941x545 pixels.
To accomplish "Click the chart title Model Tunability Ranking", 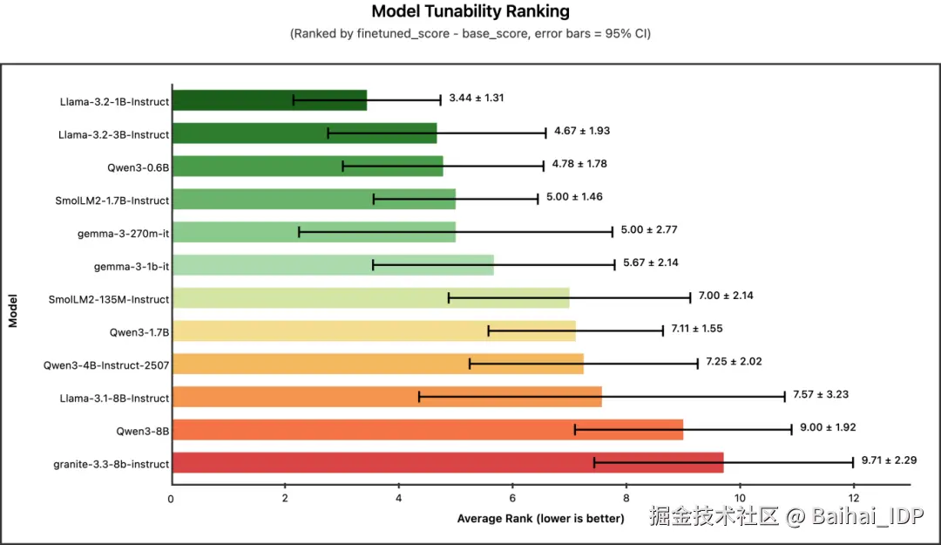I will (470, 11).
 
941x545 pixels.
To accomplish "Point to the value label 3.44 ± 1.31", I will (476, 98).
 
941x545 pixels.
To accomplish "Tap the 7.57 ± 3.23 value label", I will (820, 394).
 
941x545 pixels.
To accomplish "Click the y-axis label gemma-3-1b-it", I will (132, 266).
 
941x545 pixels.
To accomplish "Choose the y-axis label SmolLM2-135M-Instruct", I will (109, 299).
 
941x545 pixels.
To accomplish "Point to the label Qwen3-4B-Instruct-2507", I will (106, 365).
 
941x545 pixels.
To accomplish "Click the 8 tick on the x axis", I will (626, 498).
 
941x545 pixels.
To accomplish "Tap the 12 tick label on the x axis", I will (853, 498).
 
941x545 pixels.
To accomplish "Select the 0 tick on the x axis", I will (172, 498).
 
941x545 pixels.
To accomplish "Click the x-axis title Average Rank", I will (540, 519).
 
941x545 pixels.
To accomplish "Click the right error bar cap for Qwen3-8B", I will (791, 429).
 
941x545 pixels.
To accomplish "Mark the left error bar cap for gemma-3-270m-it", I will (299, 232).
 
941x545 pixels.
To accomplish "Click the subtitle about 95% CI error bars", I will (470, 34).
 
